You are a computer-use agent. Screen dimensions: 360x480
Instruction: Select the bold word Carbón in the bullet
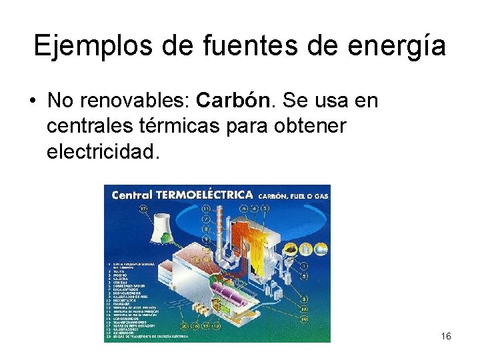click(x=235, y=101)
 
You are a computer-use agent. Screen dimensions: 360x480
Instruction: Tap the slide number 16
click(x=446, y=336)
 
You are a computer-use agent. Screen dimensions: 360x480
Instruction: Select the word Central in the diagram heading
click(x=132, y=195)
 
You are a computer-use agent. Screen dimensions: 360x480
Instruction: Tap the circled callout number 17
click(x=143, y=209)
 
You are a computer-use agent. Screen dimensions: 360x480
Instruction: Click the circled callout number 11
click(x=206, y=209)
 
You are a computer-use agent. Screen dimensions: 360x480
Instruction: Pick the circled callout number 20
click(x=185, y=325)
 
